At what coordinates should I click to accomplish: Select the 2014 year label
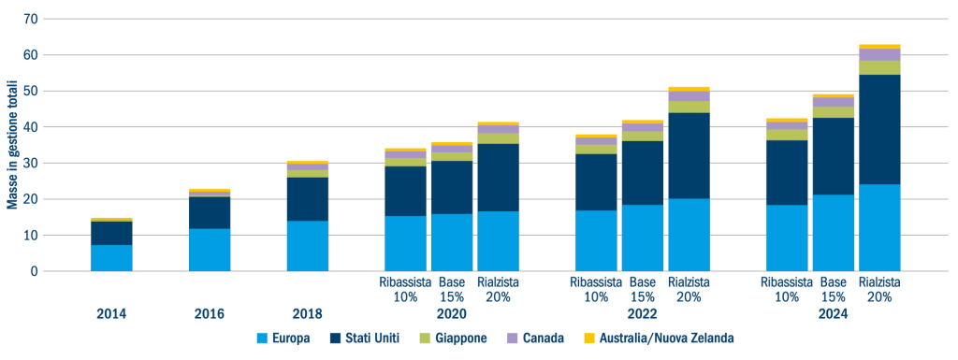(111, 315)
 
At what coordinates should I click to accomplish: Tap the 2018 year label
(308, 315)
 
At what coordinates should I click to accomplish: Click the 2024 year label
(833, 315)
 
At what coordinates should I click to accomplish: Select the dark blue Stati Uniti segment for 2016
(210, 212)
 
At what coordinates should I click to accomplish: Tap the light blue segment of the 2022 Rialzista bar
(689, 235)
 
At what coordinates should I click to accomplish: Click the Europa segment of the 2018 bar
(308, 246)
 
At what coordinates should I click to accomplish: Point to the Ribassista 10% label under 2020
(405, 289)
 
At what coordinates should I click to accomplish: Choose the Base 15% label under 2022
(642, 289)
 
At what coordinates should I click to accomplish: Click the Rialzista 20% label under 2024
(879, 289)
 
